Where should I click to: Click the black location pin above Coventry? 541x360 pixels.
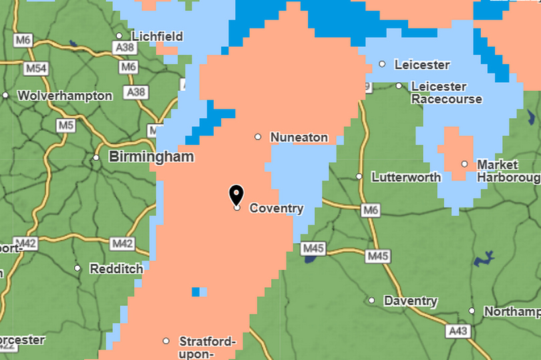coord(236,194)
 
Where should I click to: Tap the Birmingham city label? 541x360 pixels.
coord(151,157)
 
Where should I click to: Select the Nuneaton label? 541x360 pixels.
coord(299,138)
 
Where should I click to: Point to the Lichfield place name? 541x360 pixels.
coord(157,36)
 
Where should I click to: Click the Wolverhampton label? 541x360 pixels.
coord(65,96)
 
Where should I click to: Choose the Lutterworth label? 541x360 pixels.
coord(406,177)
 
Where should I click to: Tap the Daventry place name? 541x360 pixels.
coord(410,301)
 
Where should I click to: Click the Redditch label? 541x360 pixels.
coord(116,268)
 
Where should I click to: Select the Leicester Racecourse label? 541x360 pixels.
coord(446,92)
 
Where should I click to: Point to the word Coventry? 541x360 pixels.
coord(276,208)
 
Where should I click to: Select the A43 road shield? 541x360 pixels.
coord(458,330)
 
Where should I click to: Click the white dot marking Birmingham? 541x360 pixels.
coord(96,158)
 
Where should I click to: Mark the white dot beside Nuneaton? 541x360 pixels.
coord(258,137)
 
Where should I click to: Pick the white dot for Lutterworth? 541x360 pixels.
coord(359,177)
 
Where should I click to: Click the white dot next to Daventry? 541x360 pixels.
coord(372,301)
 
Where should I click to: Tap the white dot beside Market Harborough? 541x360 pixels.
coord(465,164)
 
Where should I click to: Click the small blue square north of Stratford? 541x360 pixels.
coord(196,291)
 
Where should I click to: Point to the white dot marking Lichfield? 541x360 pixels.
coord(120,36)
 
